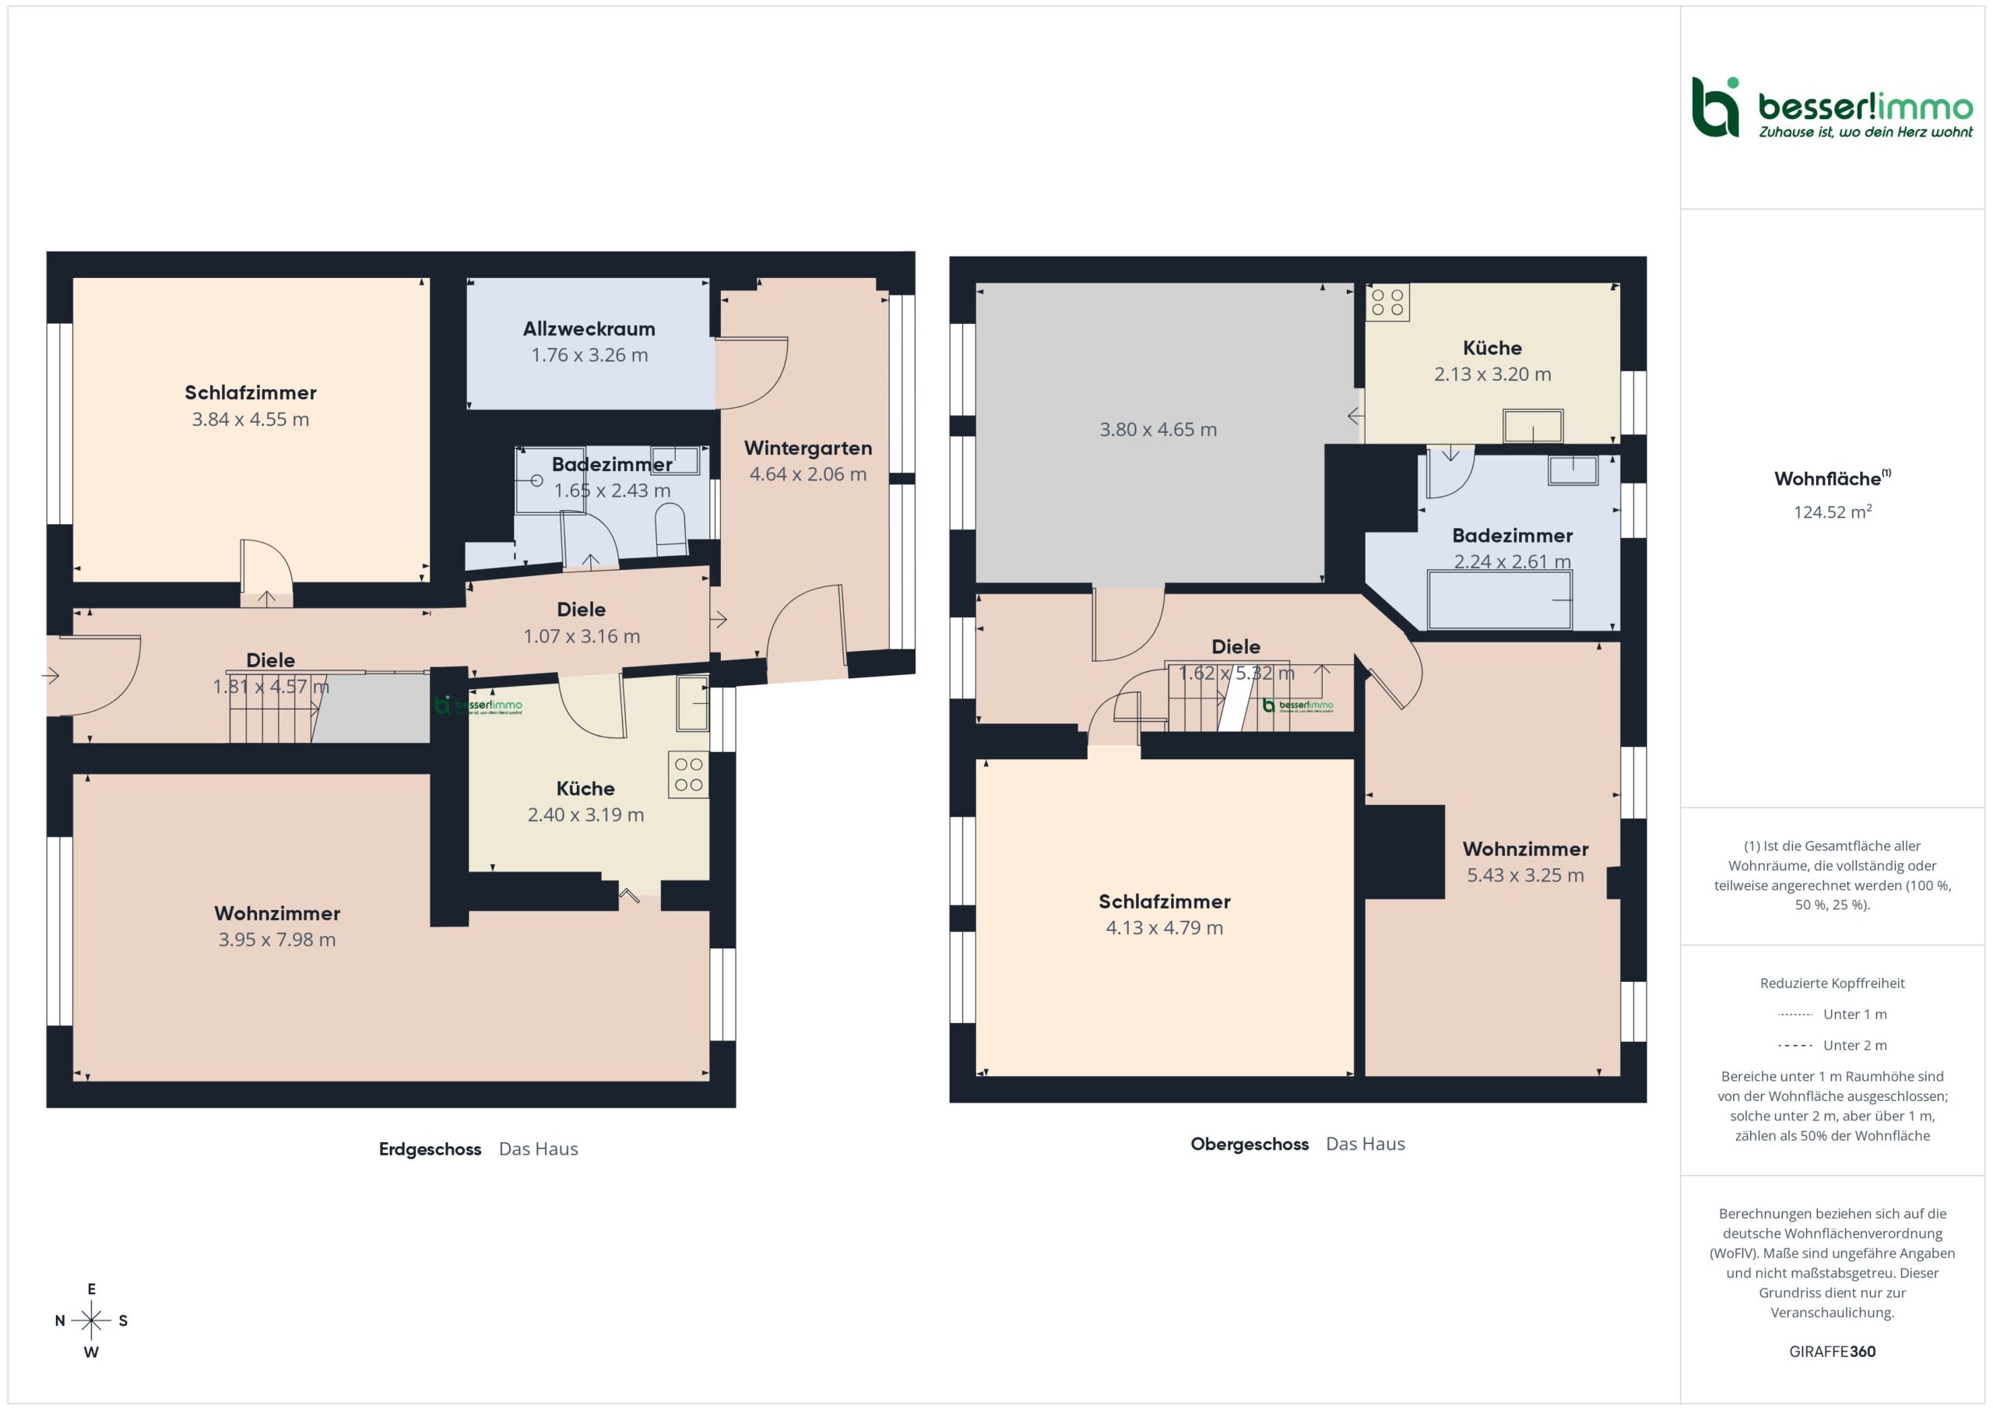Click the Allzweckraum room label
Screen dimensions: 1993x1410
coord(589,329)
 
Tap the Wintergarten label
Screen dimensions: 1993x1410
coord(807,448)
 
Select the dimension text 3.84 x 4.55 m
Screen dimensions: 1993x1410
coord(250,420)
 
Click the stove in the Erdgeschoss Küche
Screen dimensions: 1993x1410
coord(688,775)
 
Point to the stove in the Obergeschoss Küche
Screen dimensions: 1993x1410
coord(1387,302)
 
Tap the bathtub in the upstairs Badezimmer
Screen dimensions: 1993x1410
coord(1499,599)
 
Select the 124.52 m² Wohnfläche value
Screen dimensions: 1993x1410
coord(1832,512)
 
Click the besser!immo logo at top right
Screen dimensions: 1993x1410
coord(1832,107)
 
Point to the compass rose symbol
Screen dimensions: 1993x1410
coord(91,1320)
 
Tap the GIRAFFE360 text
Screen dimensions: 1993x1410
coord(1832,1351)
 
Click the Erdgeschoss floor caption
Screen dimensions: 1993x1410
coord(430,1148)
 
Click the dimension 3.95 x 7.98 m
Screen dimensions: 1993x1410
coord(277,940)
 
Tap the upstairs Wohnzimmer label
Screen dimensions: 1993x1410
coord(1525,849)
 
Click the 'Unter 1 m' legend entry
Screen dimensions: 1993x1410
coord(1832,1014)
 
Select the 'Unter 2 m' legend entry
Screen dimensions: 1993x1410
coord(1832,1046)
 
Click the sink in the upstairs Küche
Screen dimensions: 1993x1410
coord(1533,427)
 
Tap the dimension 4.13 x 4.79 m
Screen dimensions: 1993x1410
coord(1164,927)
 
